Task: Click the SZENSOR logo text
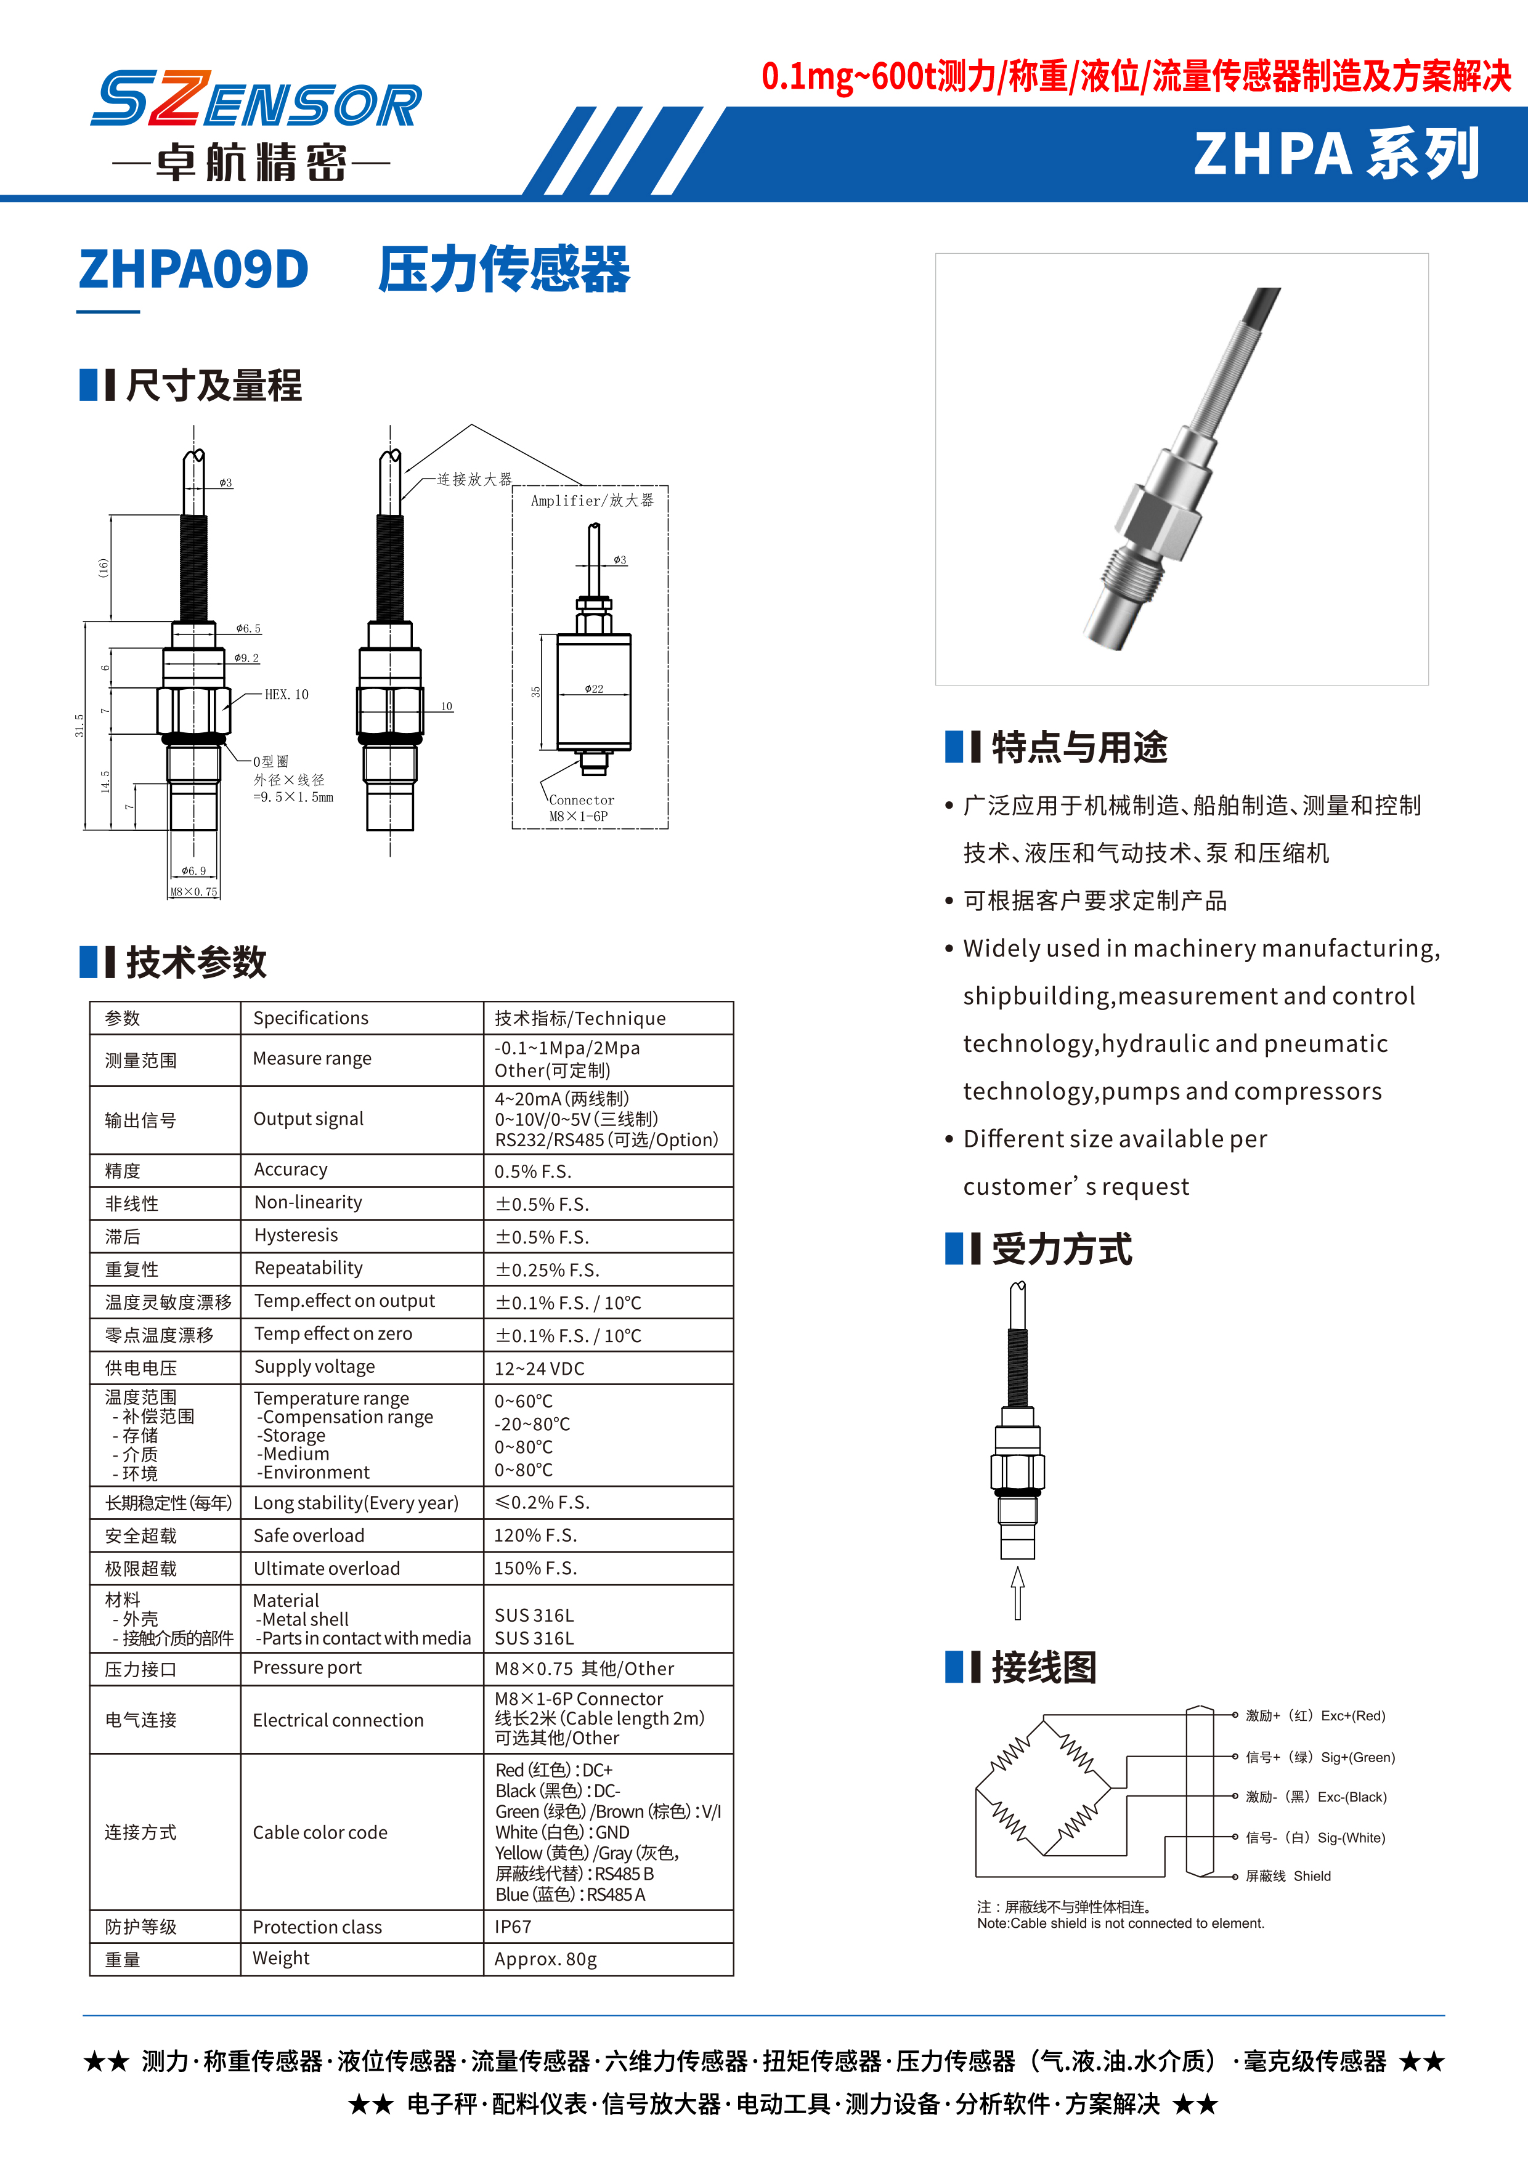[256, 100]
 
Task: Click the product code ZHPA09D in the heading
[194, 270]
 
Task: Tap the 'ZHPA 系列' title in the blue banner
[1336, 154]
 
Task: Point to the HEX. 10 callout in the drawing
[286, 694]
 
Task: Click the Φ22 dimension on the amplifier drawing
[594, 689]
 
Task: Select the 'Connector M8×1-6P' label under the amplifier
[580, 808]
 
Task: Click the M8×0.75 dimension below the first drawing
[194, 891]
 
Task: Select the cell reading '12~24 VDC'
[539, 1368]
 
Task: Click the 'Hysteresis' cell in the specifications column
[296, 1236]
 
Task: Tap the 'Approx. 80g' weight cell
[546, 1959]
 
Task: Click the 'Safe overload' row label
[309, 1535]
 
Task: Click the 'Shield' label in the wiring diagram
[1312, 1876]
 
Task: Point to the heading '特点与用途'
[1078, 747]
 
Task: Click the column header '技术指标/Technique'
[580, 1018]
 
